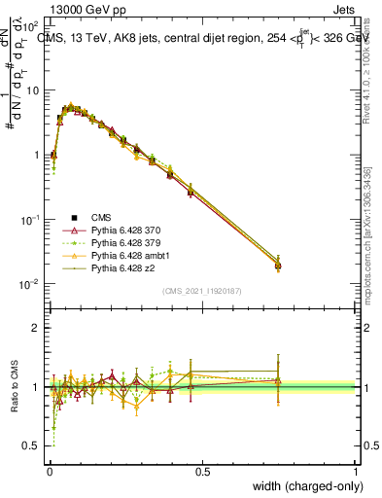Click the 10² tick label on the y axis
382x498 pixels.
[31, 26]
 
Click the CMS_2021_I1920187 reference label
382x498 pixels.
[202, 292]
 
